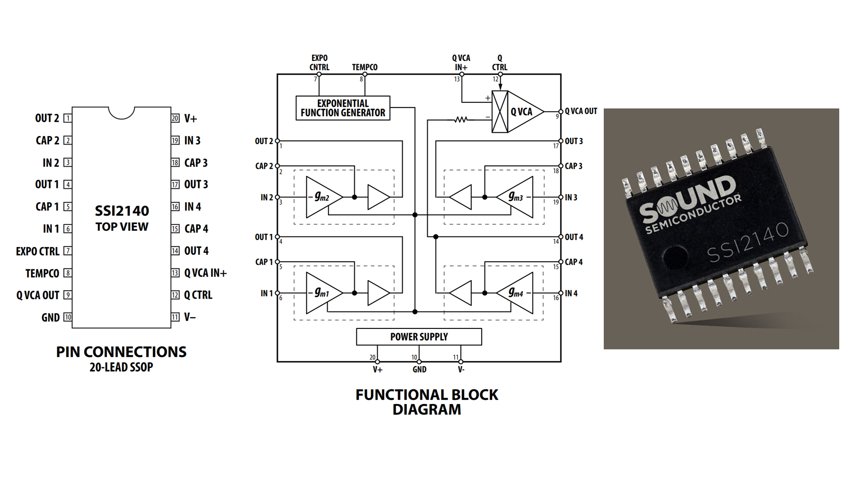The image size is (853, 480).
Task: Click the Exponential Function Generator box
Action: (343, 108)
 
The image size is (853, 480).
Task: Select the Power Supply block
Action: (419, 337)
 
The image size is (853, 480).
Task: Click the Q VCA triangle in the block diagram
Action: (524, 112)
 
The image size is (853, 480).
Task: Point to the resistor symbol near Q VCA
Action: (461, 119)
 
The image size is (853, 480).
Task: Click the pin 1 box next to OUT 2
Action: (68, 118)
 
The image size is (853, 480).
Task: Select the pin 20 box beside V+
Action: (175, 118)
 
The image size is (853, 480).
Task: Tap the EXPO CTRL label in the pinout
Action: (38, 251)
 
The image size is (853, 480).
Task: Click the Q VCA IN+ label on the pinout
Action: (206, 273)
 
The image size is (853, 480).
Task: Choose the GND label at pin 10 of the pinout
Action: (51, 317)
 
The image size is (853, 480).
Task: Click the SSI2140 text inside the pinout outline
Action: (122, 211)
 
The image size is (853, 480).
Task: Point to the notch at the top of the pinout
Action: (121, 112)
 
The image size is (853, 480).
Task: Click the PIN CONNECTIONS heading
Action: (121, 352)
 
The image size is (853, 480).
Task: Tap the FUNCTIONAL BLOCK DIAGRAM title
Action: (427, 402)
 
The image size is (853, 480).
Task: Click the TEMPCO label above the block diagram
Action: (365, 67)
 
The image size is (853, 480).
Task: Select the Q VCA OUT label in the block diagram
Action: (581, 111)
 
